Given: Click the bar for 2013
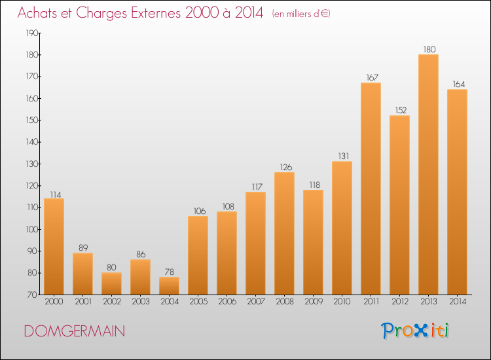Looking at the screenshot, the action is pyautogui.click(x=428, y=174).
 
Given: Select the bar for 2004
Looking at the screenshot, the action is pyautogui.click(x=169, y=286).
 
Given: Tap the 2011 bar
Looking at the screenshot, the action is pyautogui.click(x=371, y=189).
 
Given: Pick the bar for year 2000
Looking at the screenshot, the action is pyautogui.click(x=54, y=246).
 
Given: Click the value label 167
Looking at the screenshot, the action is pyautogui.click(x=373, y=77).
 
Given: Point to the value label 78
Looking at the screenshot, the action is pyautogui.click(x=170, y=272).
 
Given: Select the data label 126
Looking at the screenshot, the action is pyautogui.click(x=286, y=167).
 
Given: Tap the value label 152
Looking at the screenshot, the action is pyautogui.click(x=401, y=110).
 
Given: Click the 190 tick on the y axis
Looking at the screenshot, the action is pyautogui.click(x=32, y=33).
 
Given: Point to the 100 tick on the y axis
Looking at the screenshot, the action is pyautogui.click(x=32, y=230).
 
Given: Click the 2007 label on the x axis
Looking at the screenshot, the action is pyautogui.click(x=256, y=302).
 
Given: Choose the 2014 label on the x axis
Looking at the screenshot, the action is pyautogui.click(x=458, y=302).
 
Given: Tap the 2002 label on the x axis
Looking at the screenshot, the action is pyautogui.click(x=112, y=302).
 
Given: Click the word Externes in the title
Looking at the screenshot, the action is pyautogui.click(x=156, y=13).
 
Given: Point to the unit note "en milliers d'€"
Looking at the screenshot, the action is pyautogui.click(x=301, y=14).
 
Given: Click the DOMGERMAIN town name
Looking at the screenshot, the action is pyautogui.click(x=75, y=331).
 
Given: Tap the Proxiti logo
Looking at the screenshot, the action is pyautogui.click(x=415, y=331).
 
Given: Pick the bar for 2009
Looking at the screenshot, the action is pyautogui.click(x=313, y=242).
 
